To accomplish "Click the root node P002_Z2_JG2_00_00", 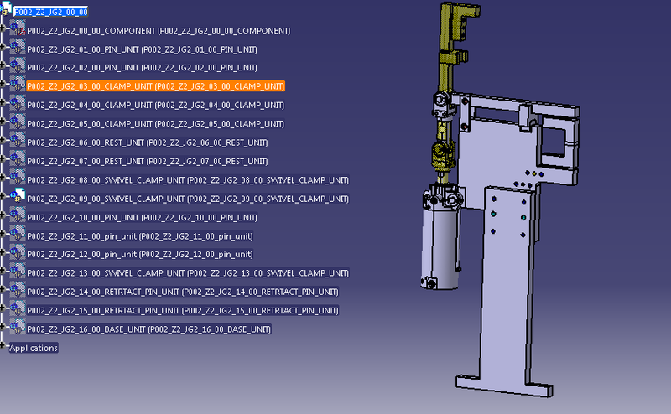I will pyautogui.click(x=50, y=12).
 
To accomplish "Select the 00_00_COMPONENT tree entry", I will pyautogui.click(x=159, y=31).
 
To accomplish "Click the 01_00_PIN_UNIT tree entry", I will pyautogui.click(x=142, y=49).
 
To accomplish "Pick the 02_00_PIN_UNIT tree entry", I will pyautogui.click(x=142, y=68).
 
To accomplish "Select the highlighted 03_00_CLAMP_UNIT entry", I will pyautogui.click(x=155, y=86).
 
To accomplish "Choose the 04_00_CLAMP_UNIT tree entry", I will pyautogui.click(x=155, y=106).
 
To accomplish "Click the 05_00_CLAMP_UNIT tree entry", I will pyautogui.click(x=155, y=124).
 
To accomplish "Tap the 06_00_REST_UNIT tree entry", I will pyautogui.click(x=147, y=142).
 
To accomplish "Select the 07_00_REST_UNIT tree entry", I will pyautogui.click(x=147, y=161).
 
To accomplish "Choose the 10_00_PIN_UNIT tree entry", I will pyautogui.click(x=142, y=217).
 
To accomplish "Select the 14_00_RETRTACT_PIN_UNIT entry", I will pyautogui.click(x=183, y=292).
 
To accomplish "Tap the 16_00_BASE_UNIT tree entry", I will pyautogui.click(x=148, y=329).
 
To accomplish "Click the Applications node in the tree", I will pyautogui.click(x=34, y=348).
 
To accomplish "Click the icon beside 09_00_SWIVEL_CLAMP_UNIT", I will pyautogui.click(x=18, y=199).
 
